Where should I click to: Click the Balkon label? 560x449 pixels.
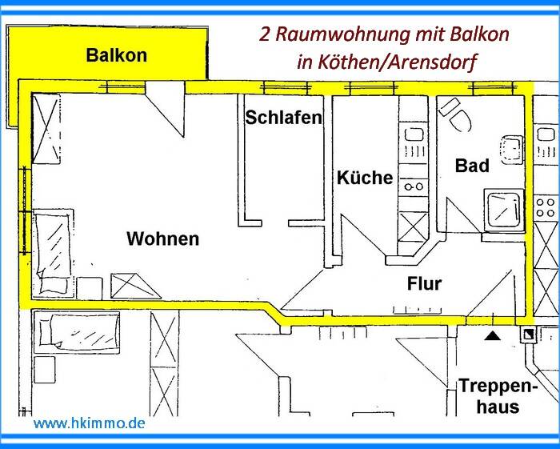pyautogui.click(x=117, y=56)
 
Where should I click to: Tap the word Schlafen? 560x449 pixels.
pyautogui.click(x=283, y=118)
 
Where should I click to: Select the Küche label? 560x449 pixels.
pyautogui.click(x=364, y=177)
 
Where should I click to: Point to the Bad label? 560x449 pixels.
pyautogui.click(x=471, y=166)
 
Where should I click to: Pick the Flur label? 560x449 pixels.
pyautogui.click(x=424, y=283)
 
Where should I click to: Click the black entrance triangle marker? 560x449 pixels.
pyautogui.click(x=493, y=337)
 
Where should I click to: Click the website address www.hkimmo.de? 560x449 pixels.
pyautogui.click(x=89, y=422)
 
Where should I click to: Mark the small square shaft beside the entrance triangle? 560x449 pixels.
pyautogui.click(x=528, y=334)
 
